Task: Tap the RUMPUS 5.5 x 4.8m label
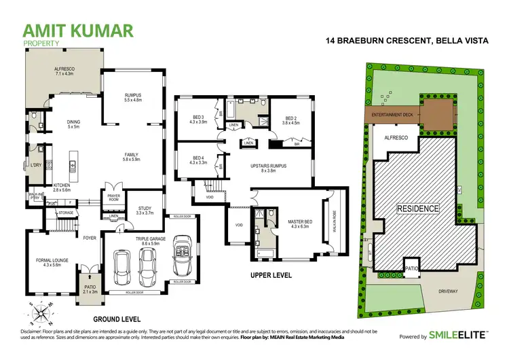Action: coord(132,97)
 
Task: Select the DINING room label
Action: coord(73,124)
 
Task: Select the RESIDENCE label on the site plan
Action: coord(418,209)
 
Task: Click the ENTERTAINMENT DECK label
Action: coord(392,116)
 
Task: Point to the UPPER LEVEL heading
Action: coord(271,276)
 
